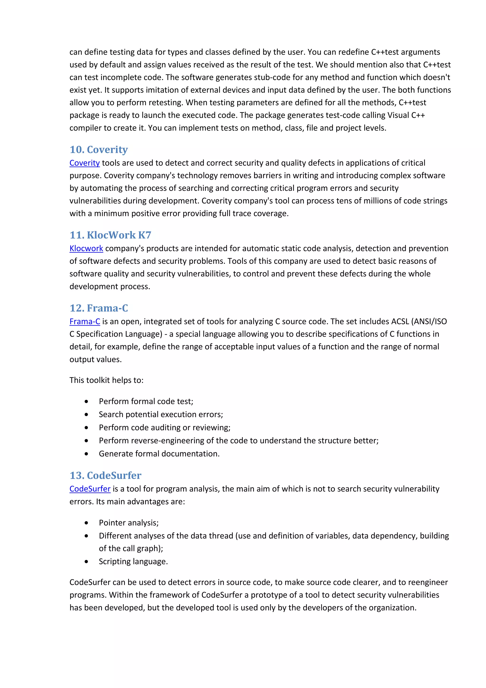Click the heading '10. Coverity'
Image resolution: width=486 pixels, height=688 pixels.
[98, 150]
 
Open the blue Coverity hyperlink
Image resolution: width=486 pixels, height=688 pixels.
[84, 163]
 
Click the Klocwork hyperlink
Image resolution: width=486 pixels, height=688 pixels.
[86, 248]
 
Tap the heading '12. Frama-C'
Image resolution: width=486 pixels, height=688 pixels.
[98, 308]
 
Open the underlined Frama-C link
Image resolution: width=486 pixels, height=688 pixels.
[85, 321]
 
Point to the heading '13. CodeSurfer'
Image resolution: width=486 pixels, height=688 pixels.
[105, 475]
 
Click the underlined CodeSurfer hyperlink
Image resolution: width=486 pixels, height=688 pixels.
[90, 489]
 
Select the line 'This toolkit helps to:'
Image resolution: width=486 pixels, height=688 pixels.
[106, 380]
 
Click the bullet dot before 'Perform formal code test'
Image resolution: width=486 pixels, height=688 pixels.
[86, 401]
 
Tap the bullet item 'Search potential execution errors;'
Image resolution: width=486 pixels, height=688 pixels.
[161, 415]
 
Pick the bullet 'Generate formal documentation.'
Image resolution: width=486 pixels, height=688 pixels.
[159, 454]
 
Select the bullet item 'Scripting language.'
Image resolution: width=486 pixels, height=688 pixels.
[133, 561]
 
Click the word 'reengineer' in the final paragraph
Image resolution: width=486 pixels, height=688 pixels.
[428, 582]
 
